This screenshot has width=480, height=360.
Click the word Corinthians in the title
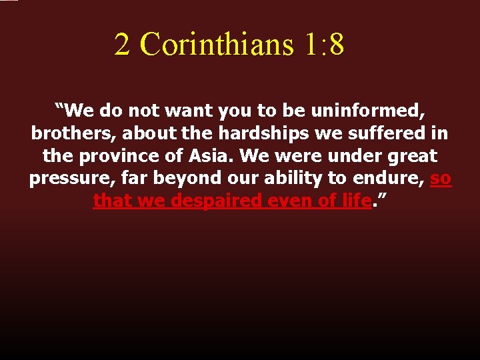tap(217, 44)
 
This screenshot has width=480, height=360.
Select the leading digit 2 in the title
tap(122, 44)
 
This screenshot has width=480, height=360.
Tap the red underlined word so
tap(441, 179)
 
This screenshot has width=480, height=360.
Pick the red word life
tap(353, 201)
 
